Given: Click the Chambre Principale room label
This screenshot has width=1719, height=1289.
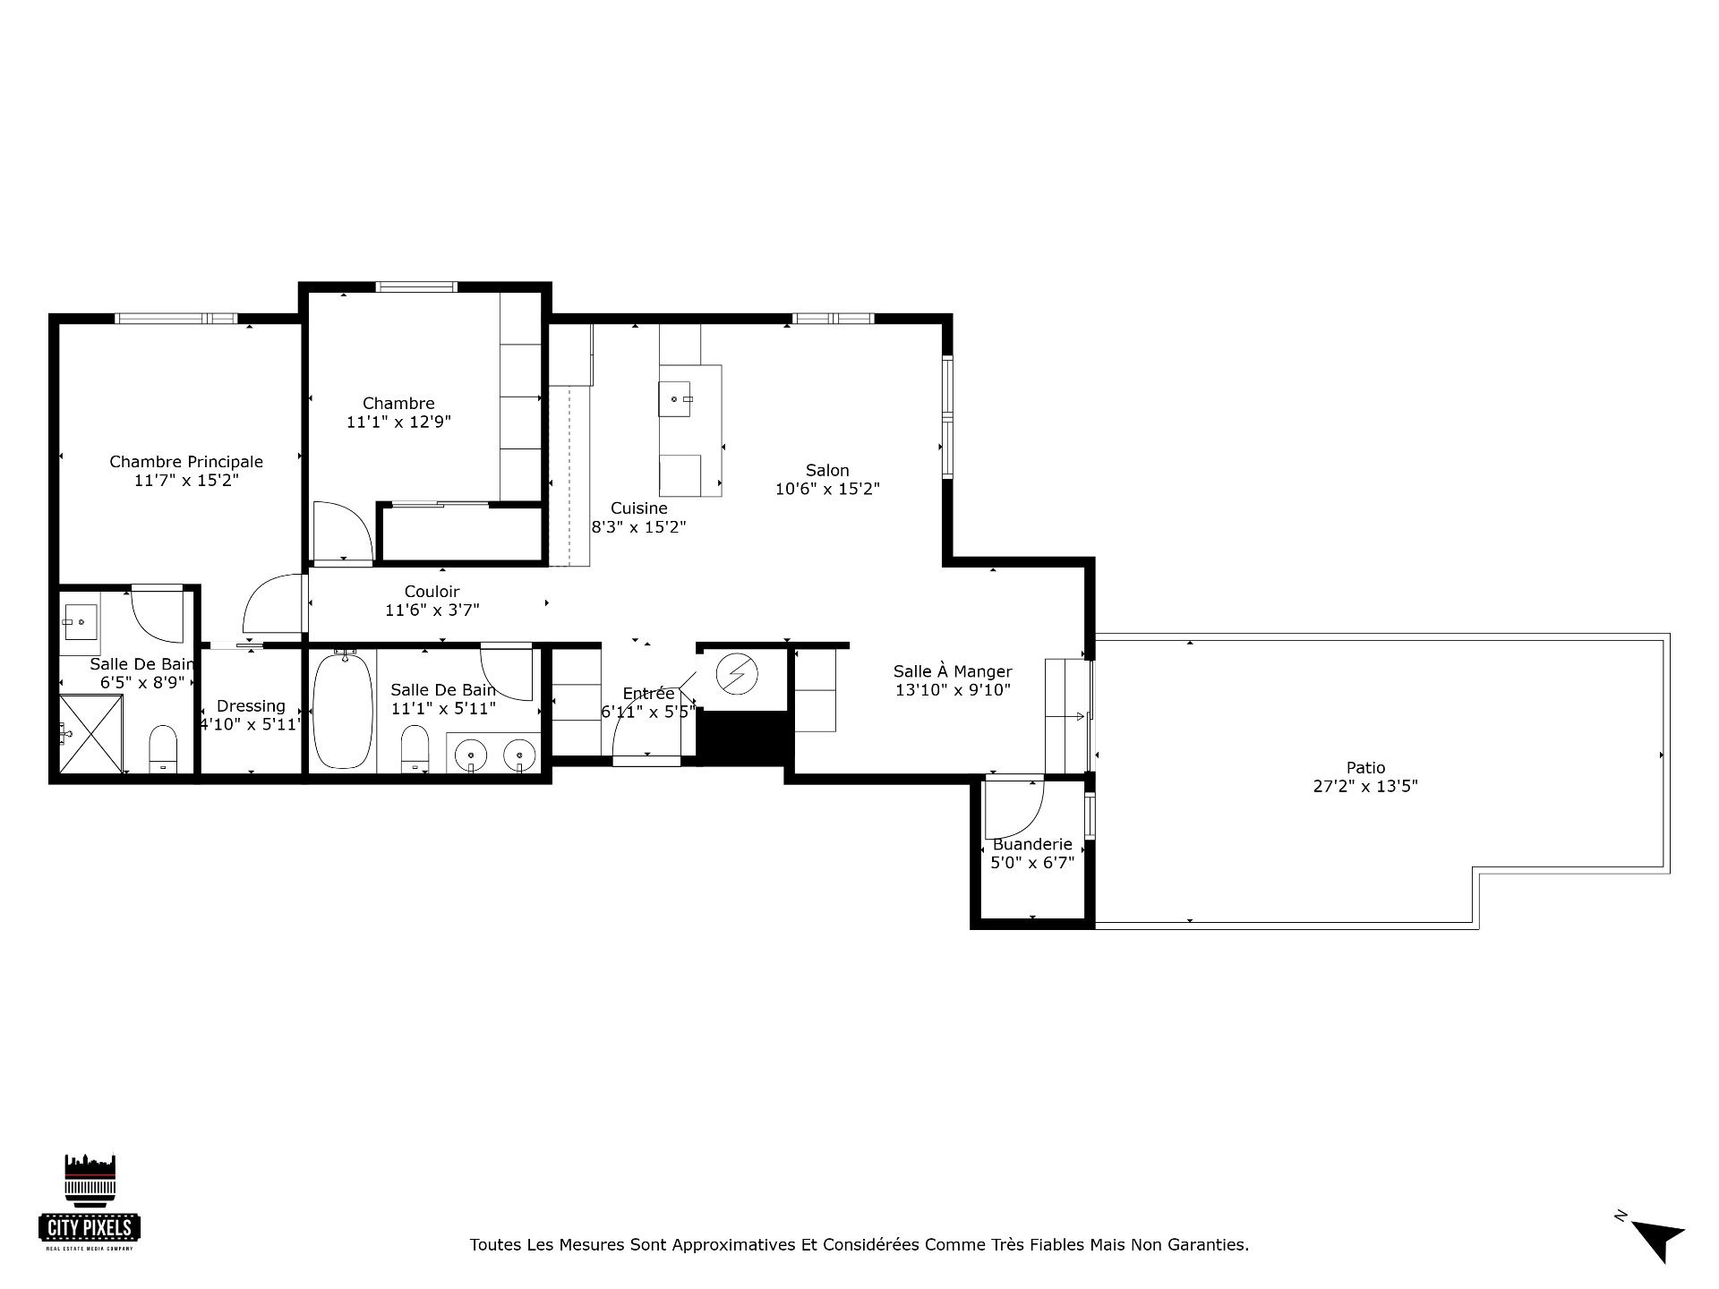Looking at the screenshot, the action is coord(186,462).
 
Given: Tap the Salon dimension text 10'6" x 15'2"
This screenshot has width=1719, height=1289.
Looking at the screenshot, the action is coord(827,490).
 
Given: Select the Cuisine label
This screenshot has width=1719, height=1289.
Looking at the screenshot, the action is coord(639,508).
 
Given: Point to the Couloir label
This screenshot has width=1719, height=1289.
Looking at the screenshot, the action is coord(432,592).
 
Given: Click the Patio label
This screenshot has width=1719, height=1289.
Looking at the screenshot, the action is coord(1365,767).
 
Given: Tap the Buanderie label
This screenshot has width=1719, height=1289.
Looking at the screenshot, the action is coord(1032,844).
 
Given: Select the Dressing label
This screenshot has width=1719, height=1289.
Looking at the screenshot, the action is coord(251,706).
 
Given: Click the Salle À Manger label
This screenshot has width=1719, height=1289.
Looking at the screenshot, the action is coord(953,671).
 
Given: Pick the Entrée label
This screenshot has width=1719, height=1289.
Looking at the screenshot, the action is coord(648,694).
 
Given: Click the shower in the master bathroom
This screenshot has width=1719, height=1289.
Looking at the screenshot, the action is coord(90,734).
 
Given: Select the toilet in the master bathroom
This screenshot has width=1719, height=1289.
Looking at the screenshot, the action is coord(163,748).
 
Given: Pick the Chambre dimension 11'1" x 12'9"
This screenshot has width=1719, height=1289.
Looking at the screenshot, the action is coord(398,422).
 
